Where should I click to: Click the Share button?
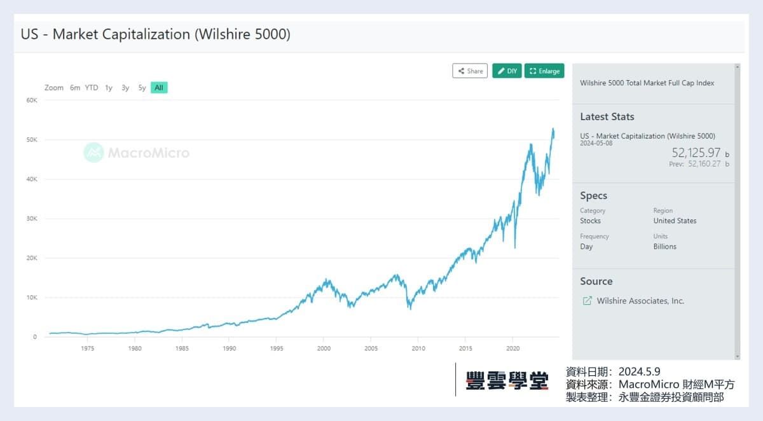click(x=470, y=71)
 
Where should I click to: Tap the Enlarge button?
click(x=544, y=71)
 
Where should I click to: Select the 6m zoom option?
click(x=75, y=88)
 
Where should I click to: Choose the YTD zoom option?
click(x=92, y=88)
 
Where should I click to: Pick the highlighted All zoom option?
click(x=159, y=88)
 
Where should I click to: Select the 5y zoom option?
click(x=142, y=88)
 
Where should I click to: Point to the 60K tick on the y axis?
click(x=32, y=100)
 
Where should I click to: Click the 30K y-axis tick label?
click(x=32, y=219)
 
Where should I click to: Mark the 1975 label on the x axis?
click(x=88, y=349)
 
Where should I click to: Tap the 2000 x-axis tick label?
click(x=324, y=349)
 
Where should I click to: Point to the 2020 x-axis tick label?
click(x=512, y=349)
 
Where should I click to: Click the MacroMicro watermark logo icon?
click(x=93, y=153)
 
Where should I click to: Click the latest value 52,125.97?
click(x=696, y=153)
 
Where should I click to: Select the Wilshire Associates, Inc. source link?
click(x=640, y=301)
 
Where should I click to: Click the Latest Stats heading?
click(x=607, y=116)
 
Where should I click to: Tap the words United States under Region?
click(x=675, y=221)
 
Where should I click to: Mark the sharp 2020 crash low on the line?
click(x=514, y=247)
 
